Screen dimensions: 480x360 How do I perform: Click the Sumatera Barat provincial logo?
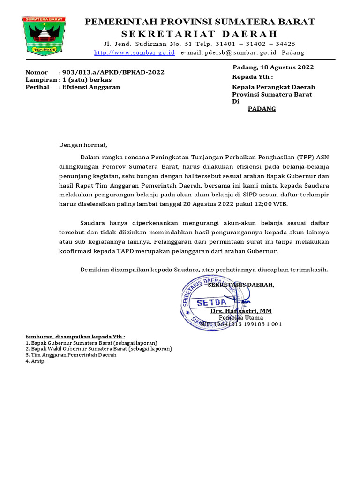tap(45, 36)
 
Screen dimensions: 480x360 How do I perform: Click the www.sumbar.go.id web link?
tap(135, 52)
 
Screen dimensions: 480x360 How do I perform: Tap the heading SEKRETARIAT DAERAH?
tap(200, 34)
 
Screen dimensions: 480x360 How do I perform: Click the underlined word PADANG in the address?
tap(262, 109)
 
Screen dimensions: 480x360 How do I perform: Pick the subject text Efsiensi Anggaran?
tap(91, 87)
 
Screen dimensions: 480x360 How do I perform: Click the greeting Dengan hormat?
tap(83, 145)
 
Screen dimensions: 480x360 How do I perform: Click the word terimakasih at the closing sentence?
tap(308, 270)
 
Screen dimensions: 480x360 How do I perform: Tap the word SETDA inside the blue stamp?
tap(211, 303)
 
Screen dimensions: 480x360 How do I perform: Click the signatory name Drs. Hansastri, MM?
tap(241, 311)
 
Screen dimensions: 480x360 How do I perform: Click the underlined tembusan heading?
tap(75, 337)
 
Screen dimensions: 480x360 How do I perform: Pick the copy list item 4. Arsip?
tap(36, 361)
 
